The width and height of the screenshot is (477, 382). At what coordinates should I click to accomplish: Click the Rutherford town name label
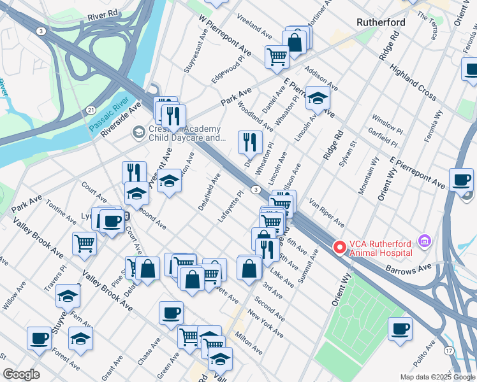(x=381, y=22)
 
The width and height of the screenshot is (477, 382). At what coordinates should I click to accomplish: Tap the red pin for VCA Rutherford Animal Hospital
(x=340, y=246)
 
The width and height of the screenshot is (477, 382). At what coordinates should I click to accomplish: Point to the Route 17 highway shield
(x=450, y=351)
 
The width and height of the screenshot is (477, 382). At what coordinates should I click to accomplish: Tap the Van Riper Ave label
(x=327, y=213)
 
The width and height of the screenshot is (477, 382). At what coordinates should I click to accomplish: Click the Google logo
(x=21, y=374)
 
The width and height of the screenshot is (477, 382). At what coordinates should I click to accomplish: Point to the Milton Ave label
(x=249, y=343)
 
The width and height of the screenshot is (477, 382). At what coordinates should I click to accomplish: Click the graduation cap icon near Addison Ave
(x=317, y=97)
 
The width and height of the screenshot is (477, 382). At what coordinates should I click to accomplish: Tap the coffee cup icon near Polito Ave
(x=400, y=328)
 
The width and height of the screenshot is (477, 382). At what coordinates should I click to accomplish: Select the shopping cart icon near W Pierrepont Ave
(x=277, y=55)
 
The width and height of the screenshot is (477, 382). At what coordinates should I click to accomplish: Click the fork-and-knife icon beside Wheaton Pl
(x=250, y=142)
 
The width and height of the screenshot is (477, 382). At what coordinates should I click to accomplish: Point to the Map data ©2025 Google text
(x=437, y=376)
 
